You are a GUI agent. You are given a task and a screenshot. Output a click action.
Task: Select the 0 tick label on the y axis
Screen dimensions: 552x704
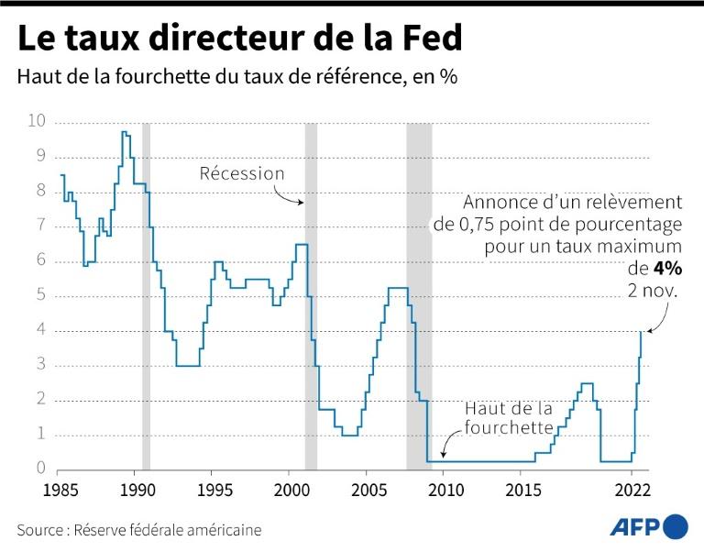(x=41, y=469)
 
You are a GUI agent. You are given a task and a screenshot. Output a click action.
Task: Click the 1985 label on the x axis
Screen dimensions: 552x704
(x=60, y=488)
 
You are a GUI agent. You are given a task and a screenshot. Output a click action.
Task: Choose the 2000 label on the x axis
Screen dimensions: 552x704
(x=290, y=488)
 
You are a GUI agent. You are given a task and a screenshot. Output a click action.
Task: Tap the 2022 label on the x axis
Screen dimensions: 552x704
(x=632, y=488)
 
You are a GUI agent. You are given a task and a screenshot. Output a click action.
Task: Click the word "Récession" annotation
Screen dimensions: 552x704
(x=243, y=173)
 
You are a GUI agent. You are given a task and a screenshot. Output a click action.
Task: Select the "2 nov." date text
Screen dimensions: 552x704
(x=654, y=292)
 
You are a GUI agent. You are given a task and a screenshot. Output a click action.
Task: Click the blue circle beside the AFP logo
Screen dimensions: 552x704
(x=676, y=526)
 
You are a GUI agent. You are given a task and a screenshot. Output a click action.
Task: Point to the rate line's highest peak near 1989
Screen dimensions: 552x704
(x=124, y=133)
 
